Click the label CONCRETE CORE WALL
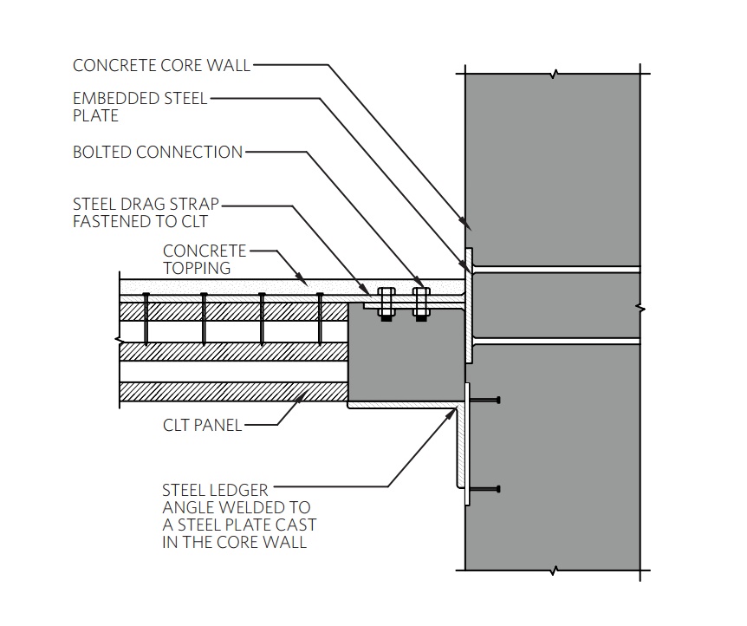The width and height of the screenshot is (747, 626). pyautogui.click(x=161, y=65)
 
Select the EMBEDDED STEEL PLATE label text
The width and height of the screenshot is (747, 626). pyautogui.click(x=140, y=107)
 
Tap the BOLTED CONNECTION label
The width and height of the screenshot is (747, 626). pyautogui.click(x=158, y=153)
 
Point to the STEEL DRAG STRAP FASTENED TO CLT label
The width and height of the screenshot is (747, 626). pyautogui.click(x=146, y=212)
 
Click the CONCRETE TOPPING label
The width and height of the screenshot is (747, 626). pyautogui.click(x=204, y=259)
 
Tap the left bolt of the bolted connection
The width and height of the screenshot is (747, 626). pyautogui.click(x=386, y=303)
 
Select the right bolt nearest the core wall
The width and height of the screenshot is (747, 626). pyautogui.click(x=421, y=303)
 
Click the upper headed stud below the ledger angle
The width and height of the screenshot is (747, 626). pyautogui.click(x=485, y=400)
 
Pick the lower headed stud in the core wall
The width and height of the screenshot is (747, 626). pyautogui.click(x=485, y=490)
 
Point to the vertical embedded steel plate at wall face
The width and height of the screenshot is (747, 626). pyautogui.click(x=469, y=303)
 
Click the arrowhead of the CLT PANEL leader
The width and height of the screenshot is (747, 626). pyautogui.click(x=303, y=394)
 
